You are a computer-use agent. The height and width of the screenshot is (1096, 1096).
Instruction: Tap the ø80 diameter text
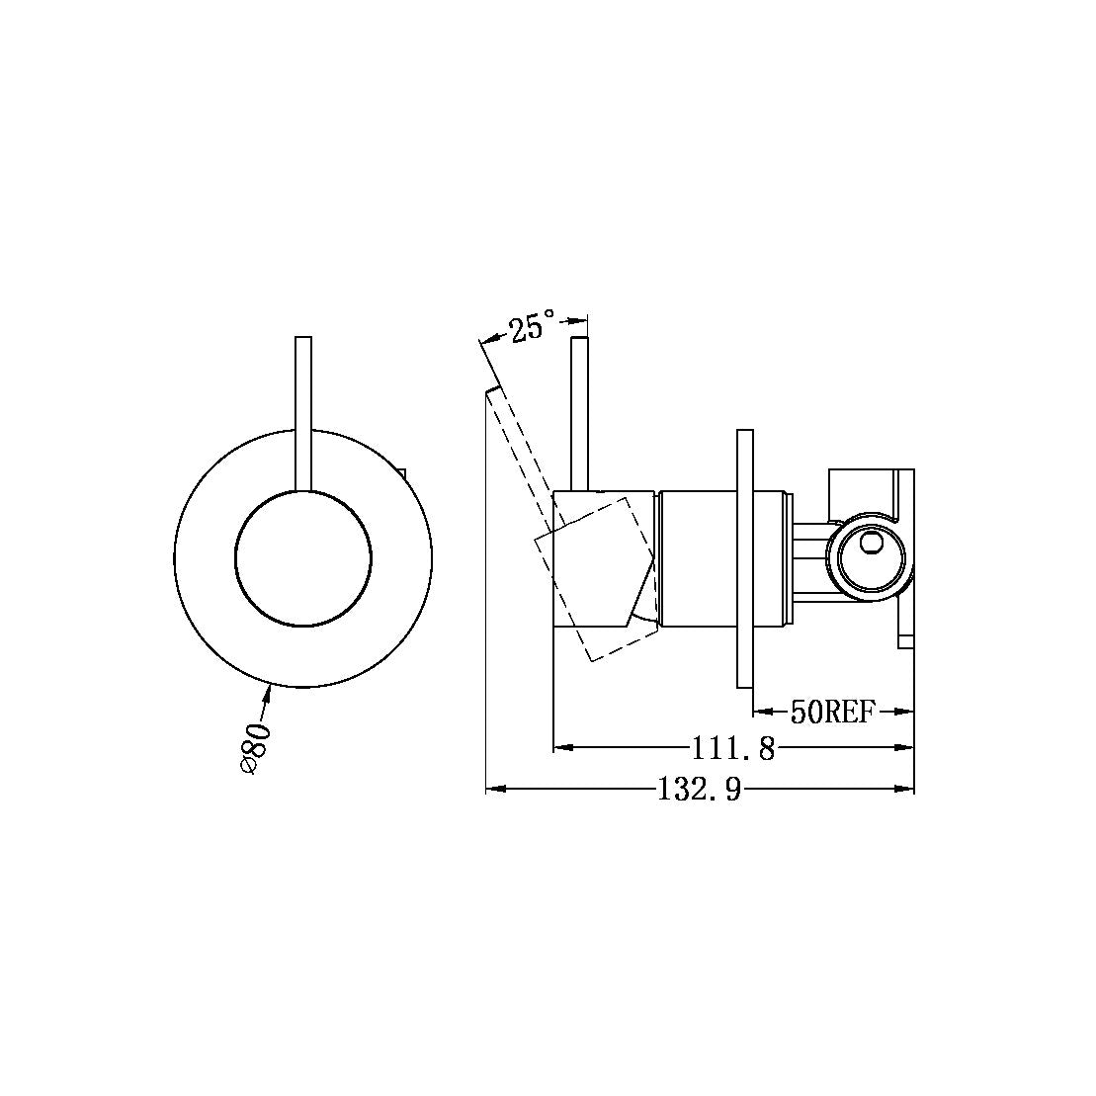254,747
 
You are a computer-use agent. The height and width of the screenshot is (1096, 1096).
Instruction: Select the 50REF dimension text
832,711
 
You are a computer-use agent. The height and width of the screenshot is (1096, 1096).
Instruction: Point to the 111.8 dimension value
732,748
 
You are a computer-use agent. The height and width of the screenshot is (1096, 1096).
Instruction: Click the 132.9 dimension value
699,789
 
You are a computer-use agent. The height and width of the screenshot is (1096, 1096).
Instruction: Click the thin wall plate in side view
745,558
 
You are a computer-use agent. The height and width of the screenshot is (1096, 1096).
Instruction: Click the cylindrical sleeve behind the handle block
697,558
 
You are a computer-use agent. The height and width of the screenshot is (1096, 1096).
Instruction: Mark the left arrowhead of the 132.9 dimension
494,789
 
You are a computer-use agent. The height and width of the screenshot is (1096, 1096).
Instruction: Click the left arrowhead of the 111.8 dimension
561,748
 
